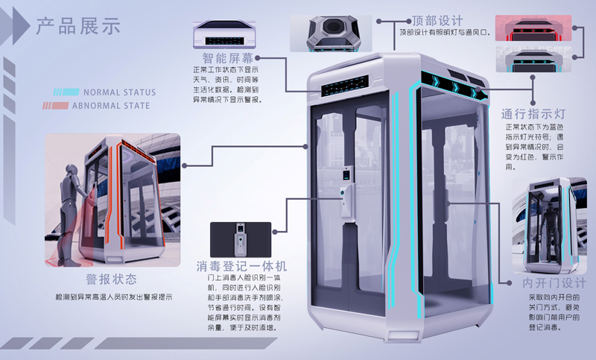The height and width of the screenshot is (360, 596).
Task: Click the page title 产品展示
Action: point(78,27)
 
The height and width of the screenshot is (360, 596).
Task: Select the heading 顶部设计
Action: point(437,20)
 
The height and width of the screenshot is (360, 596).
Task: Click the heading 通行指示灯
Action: point(535,114)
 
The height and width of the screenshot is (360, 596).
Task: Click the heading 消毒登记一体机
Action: point(241,266)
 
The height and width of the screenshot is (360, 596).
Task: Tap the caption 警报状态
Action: point(112,279)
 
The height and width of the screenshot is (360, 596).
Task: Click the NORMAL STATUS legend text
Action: point(119,92)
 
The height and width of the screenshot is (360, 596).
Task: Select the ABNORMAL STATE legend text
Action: point(111,106)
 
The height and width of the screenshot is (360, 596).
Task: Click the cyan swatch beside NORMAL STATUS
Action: point(66,92)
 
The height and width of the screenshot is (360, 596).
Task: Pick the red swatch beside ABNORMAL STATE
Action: point(60,106)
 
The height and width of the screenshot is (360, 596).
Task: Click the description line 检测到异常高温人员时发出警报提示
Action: point(114,297)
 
